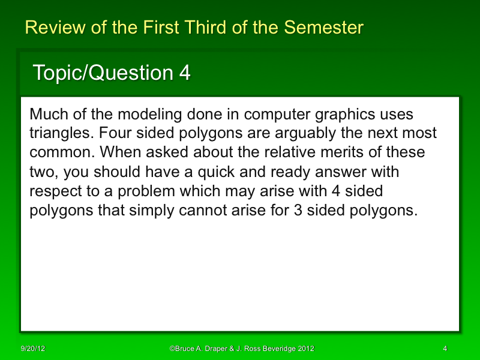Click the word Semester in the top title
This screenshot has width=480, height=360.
(x=323, y=28)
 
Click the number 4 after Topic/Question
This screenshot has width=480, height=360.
(x=185, y=73)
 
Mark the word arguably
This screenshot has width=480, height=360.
(x=309, y=133)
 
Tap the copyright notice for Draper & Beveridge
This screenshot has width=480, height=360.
(x=242, y=349)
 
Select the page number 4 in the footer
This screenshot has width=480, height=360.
(x=445, y=349)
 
